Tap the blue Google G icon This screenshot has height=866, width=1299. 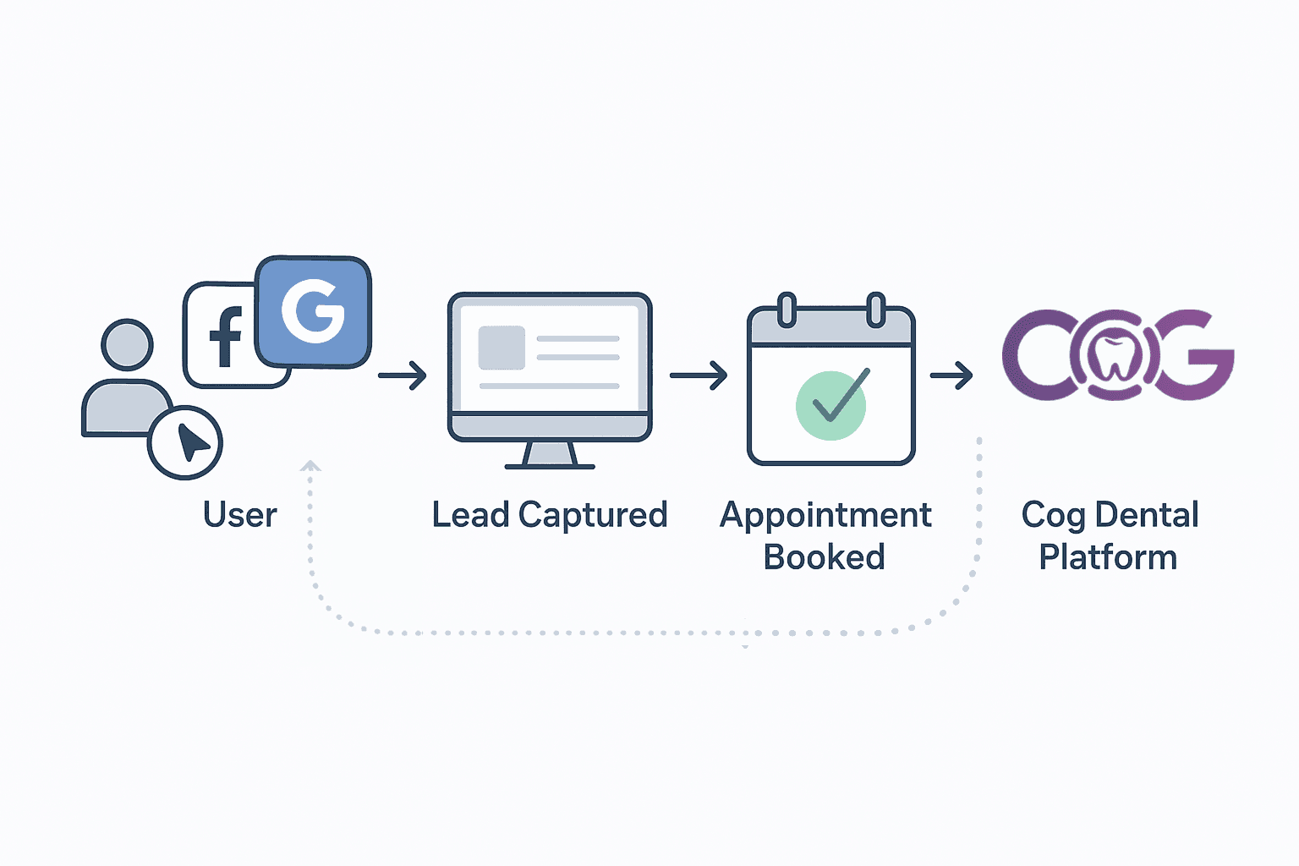313,311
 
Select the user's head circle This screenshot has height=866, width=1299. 127,344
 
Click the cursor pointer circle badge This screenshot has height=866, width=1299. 185,442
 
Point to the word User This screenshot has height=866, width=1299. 239,515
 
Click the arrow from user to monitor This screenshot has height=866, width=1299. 403,375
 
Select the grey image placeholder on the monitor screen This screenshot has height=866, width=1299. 502,348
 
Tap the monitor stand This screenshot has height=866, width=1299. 550,455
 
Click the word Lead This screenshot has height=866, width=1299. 470,515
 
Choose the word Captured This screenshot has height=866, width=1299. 593,515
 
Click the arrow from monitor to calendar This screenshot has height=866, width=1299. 699,375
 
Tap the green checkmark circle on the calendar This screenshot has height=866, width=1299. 830,405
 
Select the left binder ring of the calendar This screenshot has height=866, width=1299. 787,310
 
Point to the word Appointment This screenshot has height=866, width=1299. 825,515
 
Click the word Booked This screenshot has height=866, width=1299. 825,557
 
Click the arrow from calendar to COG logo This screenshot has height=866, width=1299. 951,375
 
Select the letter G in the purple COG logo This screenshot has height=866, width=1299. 1192,355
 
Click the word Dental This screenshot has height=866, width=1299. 1147,515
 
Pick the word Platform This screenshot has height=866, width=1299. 1108,557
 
